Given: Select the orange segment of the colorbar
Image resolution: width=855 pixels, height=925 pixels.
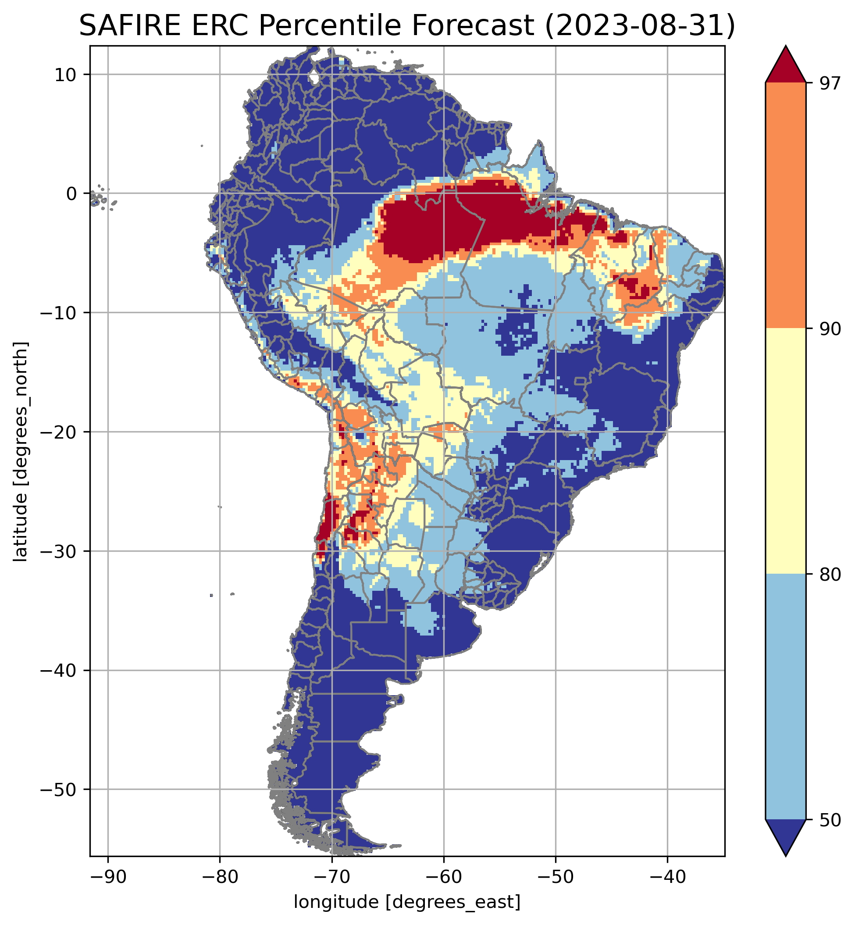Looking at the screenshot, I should (786, 206).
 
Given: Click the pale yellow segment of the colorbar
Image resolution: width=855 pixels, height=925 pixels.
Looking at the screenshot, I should (786, 451).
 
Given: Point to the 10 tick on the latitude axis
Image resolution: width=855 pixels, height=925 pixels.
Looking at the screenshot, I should (66, 75).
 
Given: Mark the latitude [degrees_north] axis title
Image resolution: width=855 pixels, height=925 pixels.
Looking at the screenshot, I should (20, 452).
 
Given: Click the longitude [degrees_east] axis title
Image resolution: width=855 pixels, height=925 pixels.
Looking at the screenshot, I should (407, 902).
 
